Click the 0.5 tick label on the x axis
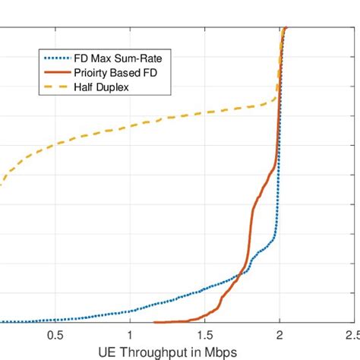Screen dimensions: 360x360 click(55, 334)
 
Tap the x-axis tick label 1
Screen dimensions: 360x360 click(130, 334)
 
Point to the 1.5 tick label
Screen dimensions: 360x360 click(204, 334)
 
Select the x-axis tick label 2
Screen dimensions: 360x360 click(279, 334)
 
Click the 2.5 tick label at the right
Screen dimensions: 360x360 click(350, 334)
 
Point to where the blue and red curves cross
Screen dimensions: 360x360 click(242, 273)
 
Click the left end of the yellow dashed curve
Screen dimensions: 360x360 click(2, 184)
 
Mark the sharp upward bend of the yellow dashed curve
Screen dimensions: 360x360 click(274, 99)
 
